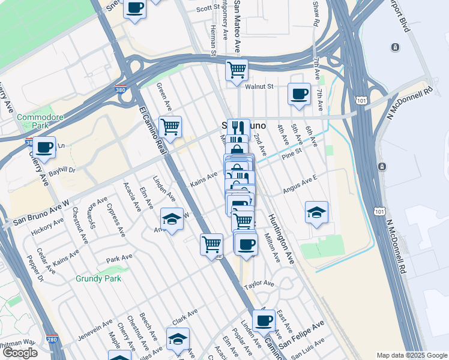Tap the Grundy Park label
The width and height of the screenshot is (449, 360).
click(x=98, y=278)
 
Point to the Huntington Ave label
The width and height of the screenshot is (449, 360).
click(x=282, y=239)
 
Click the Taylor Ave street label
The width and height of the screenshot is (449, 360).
click(x=259, y=283)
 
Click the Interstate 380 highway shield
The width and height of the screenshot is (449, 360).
click(x=121, y=90)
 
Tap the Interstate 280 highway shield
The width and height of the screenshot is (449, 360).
click(x=52, y=340)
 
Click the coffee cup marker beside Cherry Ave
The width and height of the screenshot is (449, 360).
click(x=44, y=146)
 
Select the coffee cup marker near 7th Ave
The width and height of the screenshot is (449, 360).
click(x=299, y=94)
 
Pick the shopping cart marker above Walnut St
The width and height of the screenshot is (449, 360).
click(x=237, y=69)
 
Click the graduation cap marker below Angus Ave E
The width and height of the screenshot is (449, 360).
click(x=316, y=212)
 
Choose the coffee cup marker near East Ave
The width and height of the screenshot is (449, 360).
click(x=264, y=320)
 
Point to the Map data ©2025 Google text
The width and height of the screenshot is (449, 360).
click(x=411, y=355)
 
